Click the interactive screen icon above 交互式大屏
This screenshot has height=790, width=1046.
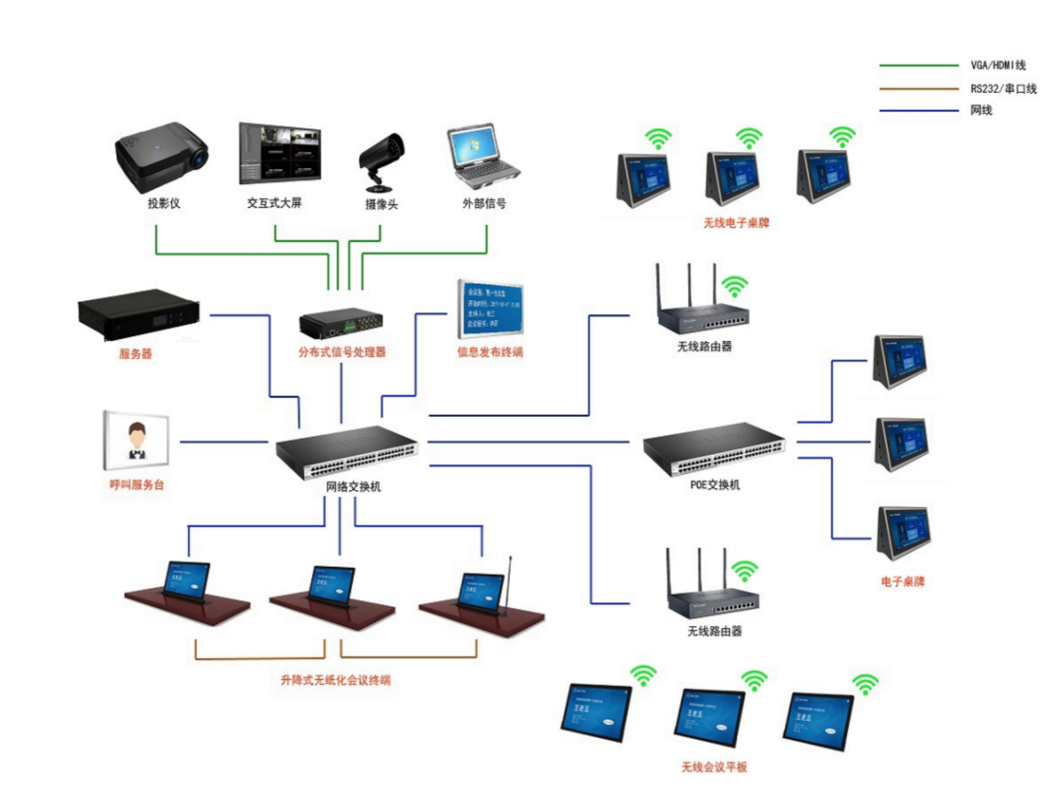[279, 153]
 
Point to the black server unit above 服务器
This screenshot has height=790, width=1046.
[139, 315]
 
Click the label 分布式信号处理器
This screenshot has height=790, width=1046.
[342, 352]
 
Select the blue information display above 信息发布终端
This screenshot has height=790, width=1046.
[490, 309]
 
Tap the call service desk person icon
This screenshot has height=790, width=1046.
[137, 441]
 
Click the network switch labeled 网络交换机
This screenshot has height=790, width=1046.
[347, 451]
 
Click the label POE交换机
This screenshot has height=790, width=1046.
[715, 485]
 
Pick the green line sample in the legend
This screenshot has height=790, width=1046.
[919, 66]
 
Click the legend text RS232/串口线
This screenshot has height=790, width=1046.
[1003, 88]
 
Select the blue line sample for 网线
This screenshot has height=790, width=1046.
[919, 111]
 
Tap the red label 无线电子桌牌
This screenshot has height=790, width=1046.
[736, 223]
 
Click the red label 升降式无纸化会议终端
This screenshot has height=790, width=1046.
[335, 680]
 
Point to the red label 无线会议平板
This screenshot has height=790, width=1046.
[714, 767]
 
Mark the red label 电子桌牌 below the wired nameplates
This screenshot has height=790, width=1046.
[903, 582]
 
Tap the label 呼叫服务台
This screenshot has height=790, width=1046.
[137, 485]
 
